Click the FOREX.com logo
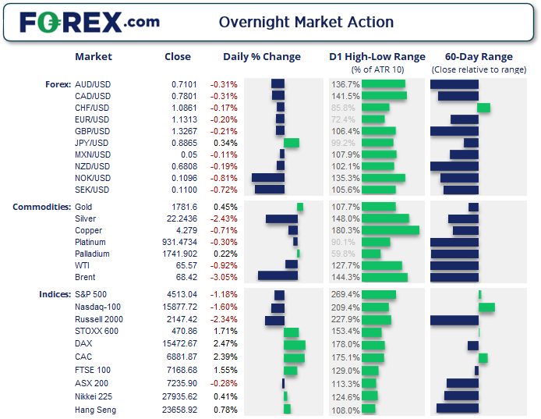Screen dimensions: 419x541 pyautogui.click(x=90, y=22)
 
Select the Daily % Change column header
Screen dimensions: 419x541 pyautogui.click(x=262, y=57)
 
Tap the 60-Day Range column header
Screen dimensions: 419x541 pyautogui.click(x=479, y=57)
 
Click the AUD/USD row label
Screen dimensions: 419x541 pyautogui.click(x=92, y=84)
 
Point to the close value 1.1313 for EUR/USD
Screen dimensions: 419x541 pyautogui.click(x=185, y=119)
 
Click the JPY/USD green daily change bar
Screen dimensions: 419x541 pyautogui.click(x=292, y=143)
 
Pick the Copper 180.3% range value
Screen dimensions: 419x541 pyautogui.click(x=345, y=230)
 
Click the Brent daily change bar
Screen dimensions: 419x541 pyautogui.click(x=278, y=277)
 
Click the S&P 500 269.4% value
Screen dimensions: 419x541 pyautogui.click(x=345, y=294)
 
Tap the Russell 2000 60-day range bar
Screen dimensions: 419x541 pyautogui.click(x=454, y=320)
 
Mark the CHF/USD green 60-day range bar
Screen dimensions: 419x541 pyautogui.click(x=483, y=108)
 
